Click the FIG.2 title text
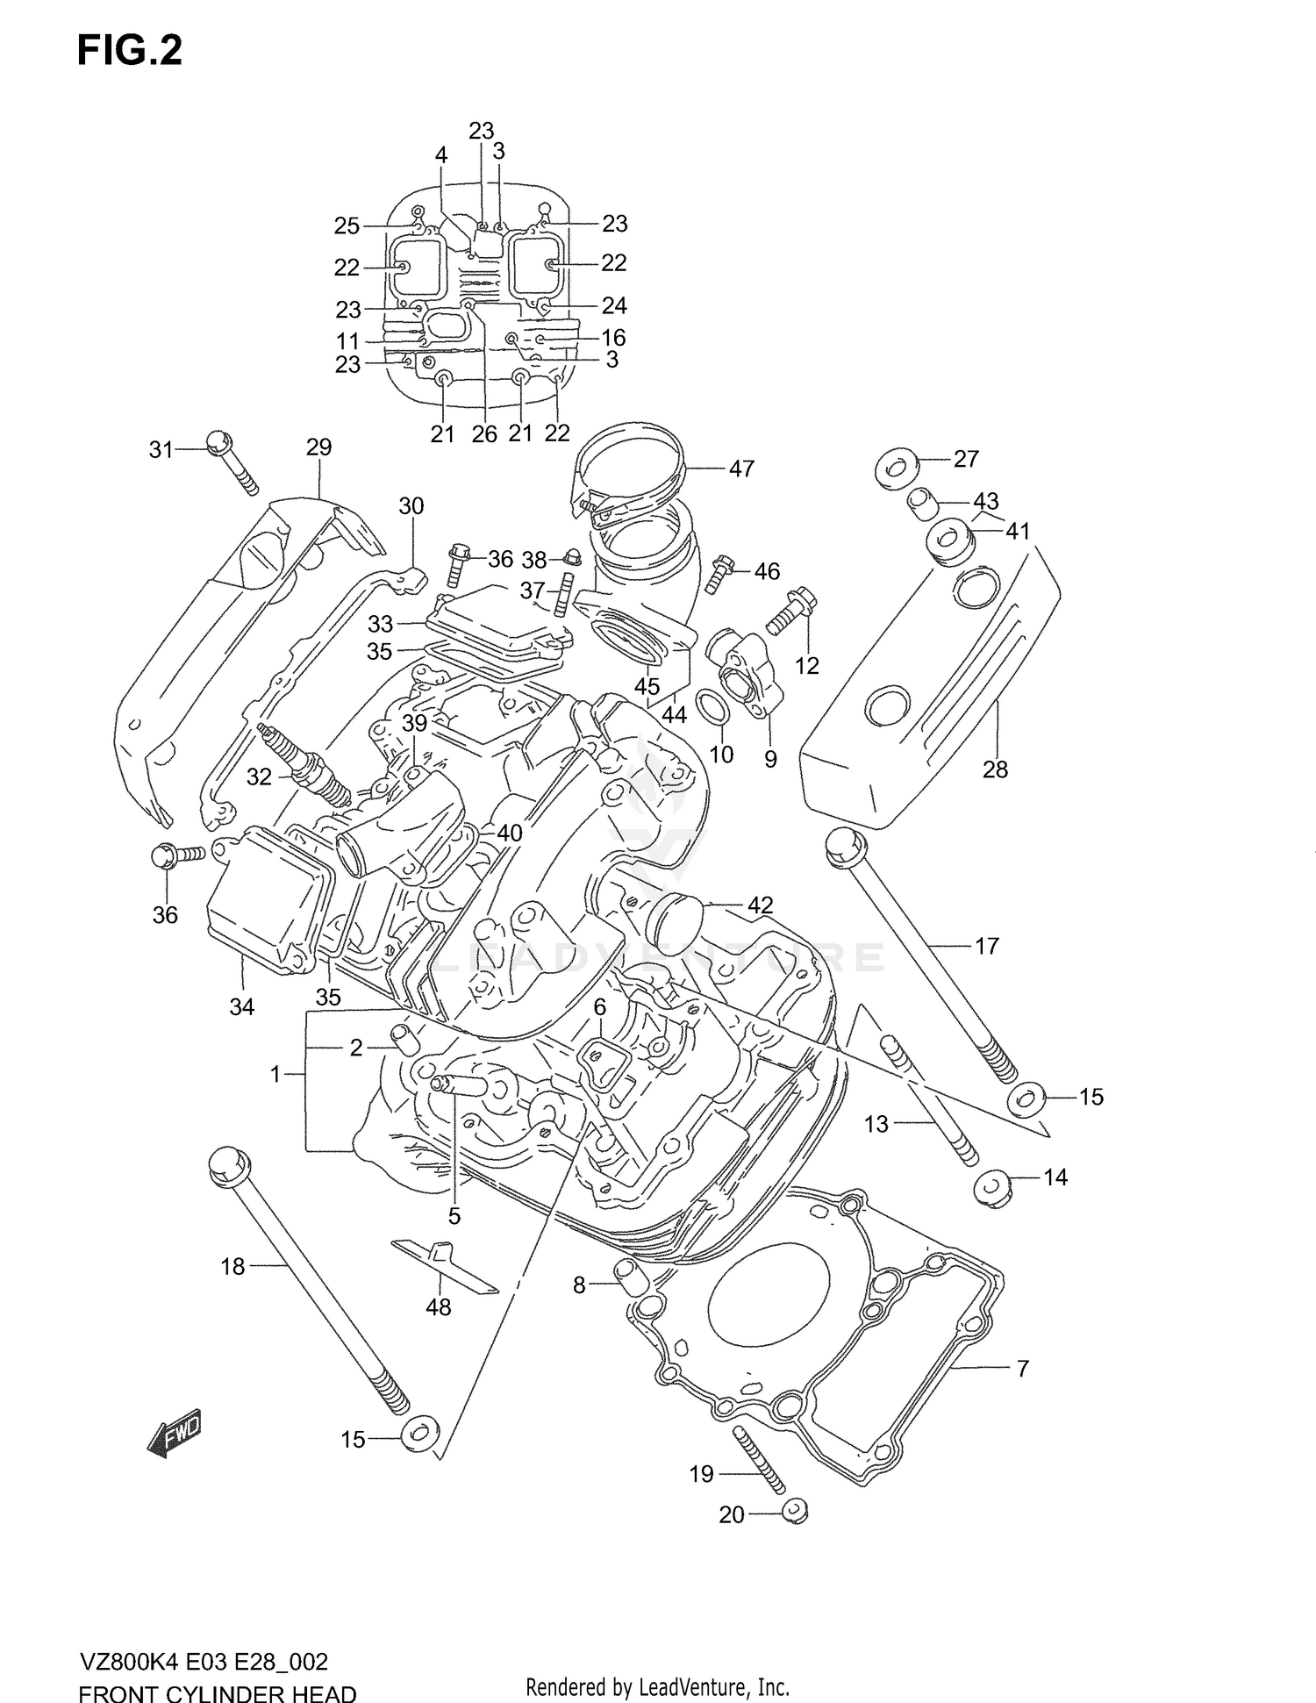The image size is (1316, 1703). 130,51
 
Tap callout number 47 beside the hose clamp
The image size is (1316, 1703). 741,469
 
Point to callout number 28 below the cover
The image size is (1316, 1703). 995,769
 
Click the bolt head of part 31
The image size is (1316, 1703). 219,443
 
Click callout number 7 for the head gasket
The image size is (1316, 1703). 1022,1367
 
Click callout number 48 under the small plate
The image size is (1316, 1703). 438,1331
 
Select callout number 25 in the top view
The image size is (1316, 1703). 347,225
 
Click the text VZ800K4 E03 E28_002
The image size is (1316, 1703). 204,1662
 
